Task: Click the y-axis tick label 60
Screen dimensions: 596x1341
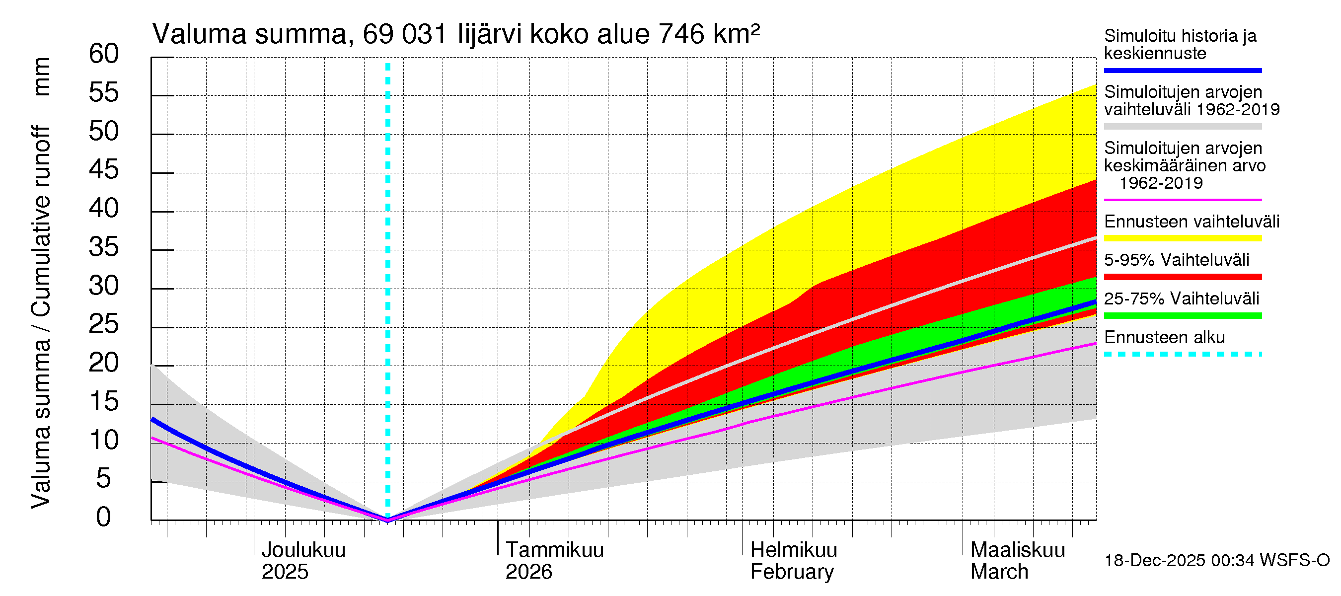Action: coord(104,54)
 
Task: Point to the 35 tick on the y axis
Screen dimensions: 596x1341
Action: coord(104,247)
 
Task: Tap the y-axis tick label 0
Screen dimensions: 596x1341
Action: coord(104,517)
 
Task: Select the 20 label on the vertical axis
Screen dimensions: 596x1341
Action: coord(104,363)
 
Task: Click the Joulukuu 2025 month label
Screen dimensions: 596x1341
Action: coord(303,561)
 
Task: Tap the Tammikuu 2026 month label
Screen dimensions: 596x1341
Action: coord(554,561)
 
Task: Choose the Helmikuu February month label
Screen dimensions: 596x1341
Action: coord(793,561)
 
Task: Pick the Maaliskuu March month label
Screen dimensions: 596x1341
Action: coord(1017,561)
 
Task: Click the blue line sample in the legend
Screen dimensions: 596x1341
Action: coord(1182,70)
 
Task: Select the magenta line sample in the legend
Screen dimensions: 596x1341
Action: coord(1182,200)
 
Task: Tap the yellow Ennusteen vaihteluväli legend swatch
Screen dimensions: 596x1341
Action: coord(1182,238)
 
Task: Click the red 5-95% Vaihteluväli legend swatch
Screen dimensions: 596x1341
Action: coord(1182,277)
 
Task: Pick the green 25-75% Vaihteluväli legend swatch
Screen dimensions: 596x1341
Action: coord(1182,315)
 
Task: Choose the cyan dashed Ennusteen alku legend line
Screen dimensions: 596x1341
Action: coord(1182,355)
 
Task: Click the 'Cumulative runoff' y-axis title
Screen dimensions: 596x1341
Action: coord(42,221)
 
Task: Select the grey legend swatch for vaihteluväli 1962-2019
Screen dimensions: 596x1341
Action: coord(1182,127)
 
